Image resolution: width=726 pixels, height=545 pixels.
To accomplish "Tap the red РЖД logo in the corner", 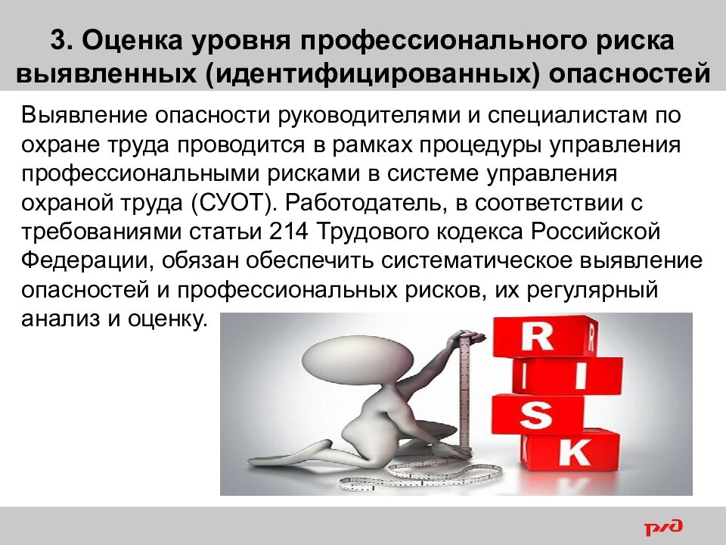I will pos(663,525).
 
